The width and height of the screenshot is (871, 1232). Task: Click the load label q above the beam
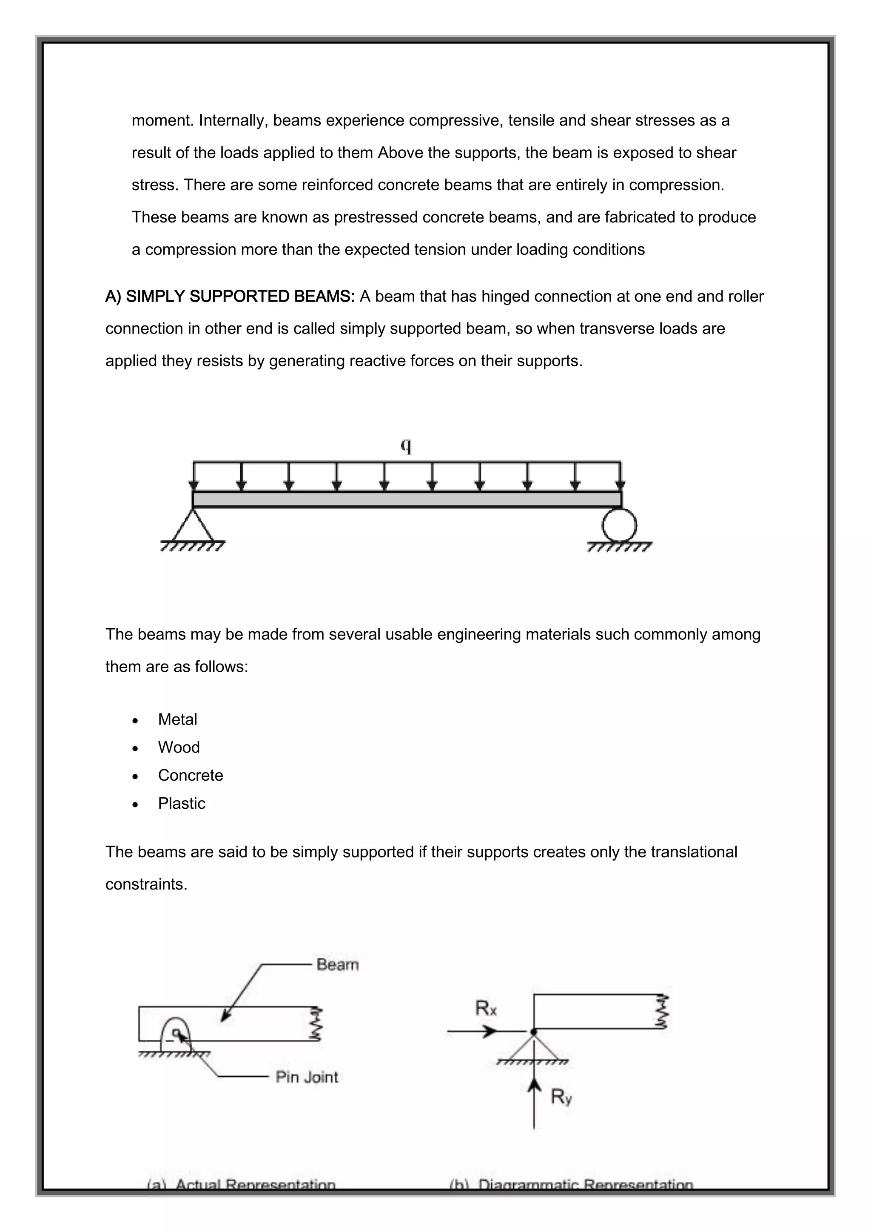coord(407,445)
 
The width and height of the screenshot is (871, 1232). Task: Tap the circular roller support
coord(620,525)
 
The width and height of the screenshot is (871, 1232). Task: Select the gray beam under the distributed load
coord(407,499)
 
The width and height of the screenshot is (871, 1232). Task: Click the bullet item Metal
coord(177,719)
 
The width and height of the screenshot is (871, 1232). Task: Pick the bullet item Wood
coord(179,747)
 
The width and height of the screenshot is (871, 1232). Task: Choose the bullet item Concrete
coord(191,776)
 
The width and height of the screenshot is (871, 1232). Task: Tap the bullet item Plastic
coord(181,803)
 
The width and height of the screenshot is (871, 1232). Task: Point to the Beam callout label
coord(337,964)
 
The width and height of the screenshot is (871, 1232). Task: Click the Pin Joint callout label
coord(307,1077)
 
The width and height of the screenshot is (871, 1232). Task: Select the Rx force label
coord(486,1009)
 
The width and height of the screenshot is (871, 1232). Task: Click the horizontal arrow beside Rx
coord(472,1031)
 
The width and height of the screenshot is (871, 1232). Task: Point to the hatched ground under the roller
coord(620,548)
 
